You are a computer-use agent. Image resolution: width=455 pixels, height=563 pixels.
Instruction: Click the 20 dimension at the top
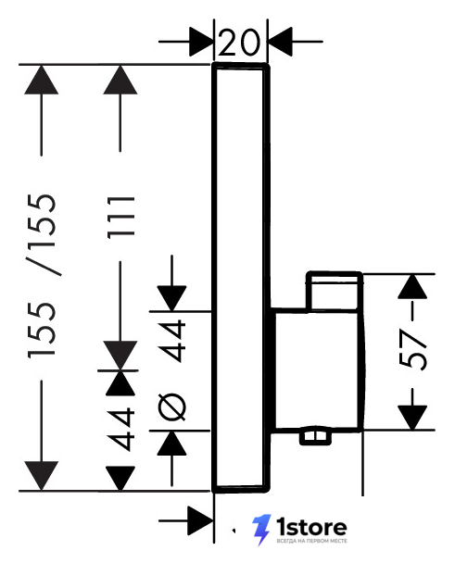pyautogui.click(x=238, y=42)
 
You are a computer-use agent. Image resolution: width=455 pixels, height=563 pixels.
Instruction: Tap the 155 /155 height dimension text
pyautogui.click(x=42, y=276)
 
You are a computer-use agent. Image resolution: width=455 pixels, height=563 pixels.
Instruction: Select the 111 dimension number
pyautogui.click(x=121, y=218)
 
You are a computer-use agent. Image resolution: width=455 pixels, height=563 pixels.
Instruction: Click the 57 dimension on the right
pyautogui.click(x=412, y=350)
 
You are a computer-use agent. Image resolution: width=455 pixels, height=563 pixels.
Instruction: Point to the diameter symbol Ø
pyautogui.click(x=172, y=407)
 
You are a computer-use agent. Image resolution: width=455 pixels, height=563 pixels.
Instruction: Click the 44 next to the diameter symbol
pyautogui.click(x=172, y=341)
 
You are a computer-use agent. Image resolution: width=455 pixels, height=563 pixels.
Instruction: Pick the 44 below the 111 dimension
pyautogui.click(x=121, y=429)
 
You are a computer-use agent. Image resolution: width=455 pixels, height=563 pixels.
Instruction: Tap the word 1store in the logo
pyautogui.click(x=311, y=528)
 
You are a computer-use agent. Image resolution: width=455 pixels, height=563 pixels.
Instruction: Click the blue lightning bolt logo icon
pyautogui.click(x=261, y=530)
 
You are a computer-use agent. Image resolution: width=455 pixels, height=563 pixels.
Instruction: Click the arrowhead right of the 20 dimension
pyautogui.click(x=280, y=42)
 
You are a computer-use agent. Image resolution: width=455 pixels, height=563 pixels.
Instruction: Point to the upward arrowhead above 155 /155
pyautogui.click(x=42, y=80)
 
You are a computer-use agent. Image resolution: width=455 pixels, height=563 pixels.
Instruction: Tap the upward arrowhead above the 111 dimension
pyautogui.click(x=120, y=80)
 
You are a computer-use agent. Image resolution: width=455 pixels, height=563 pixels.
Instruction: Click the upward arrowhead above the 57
pyautogui.click(x=412, y=286)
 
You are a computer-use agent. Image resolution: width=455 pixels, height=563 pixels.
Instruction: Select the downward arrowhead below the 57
pyautogui.click(x=412, y=418)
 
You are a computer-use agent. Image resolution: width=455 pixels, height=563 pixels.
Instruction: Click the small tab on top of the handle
pyautogui.click(x=335, y=291)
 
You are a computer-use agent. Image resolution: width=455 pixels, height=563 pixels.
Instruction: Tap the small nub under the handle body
pyautogui.click(x=316, y=437)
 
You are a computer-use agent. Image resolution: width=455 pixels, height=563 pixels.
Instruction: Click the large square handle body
pyautogui.click(x=317, y=369)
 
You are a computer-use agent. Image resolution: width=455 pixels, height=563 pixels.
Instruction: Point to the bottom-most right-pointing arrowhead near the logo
pyautogui.click(x=201, y=520)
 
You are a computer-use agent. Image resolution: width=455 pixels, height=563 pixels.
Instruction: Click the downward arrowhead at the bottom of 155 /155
pyautogui.click(x=42, y=476)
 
